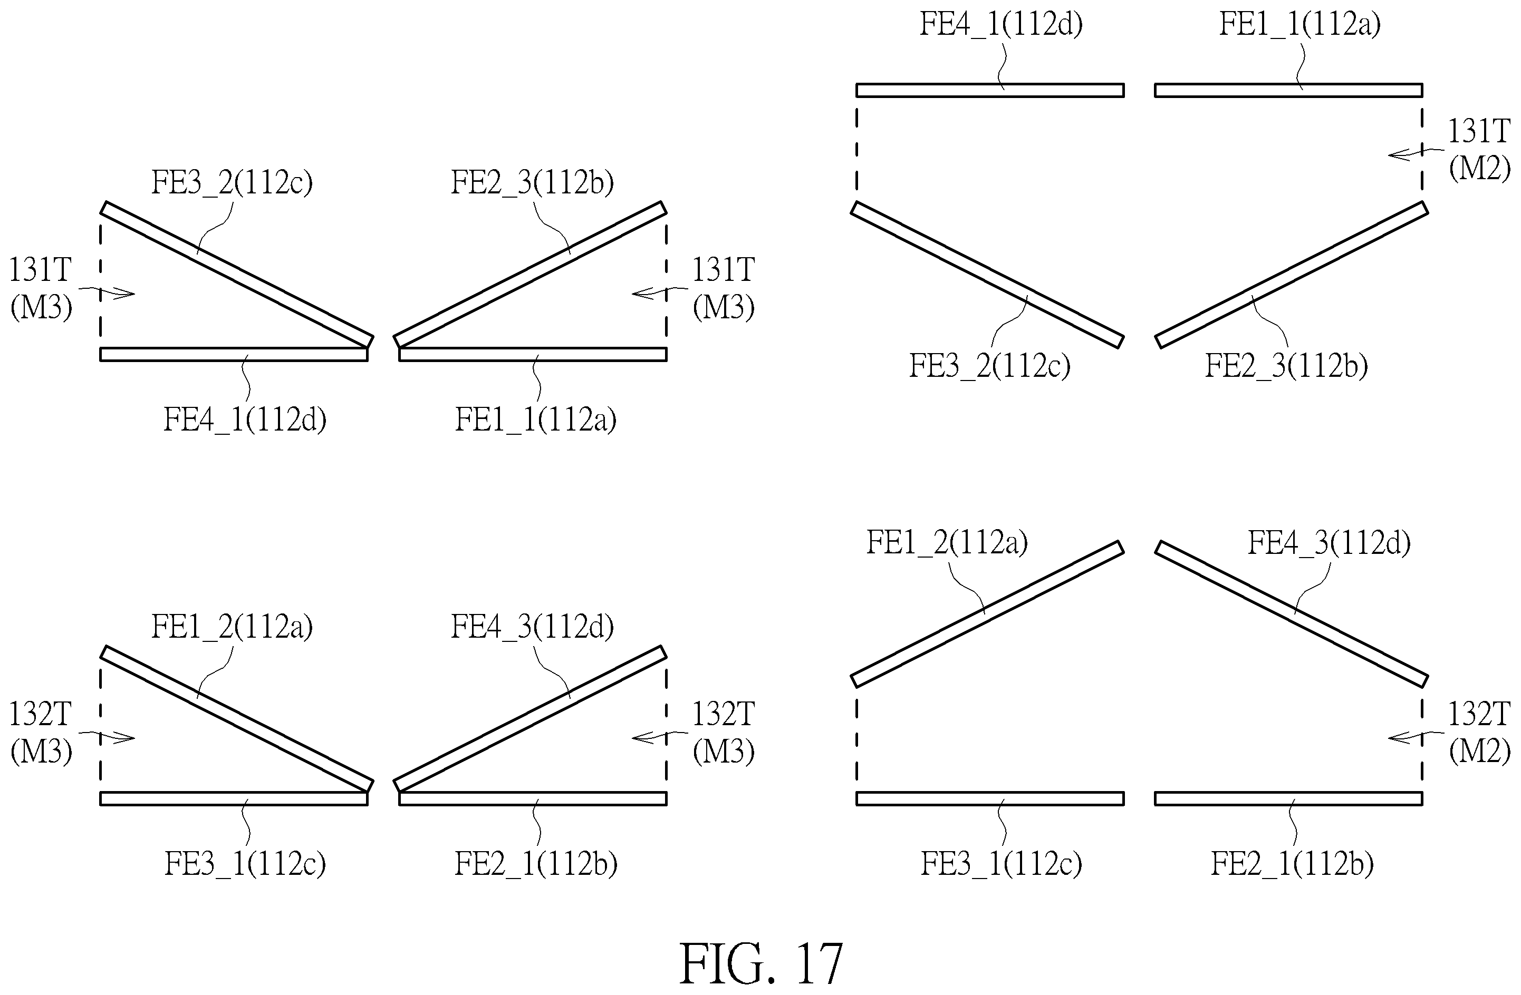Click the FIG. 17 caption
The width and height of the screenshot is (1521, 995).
(x=760, y=963)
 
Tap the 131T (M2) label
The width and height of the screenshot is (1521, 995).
(x=1479, y=150)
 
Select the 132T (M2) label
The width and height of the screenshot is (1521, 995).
(x=1479, y=733)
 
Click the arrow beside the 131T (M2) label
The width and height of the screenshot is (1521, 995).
(x=1416, y=153)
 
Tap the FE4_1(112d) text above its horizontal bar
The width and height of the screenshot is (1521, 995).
(x=1001, y=25)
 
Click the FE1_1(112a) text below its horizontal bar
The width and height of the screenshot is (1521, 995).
(x=535, y=420)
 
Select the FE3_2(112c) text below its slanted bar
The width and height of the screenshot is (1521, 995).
(x=989, y=366)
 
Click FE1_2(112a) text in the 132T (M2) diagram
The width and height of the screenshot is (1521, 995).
(x=947, y=542)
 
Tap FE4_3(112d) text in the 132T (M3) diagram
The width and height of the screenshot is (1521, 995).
(x=532, y=627)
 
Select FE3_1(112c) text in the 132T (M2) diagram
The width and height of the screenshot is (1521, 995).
(x=1001, y=864)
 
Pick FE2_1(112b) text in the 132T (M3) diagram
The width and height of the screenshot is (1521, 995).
(x=535, y=864)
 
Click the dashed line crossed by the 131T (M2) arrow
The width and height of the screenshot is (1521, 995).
(x=1422, y=144)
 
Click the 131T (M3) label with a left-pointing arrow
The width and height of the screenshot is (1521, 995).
(x=724, y=288)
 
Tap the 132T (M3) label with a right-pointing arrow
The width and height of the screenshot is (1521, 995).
(x=40, y=733)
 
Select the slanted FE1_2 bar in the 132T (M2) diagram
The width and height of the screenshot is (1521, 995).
(x=987, y=614)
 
